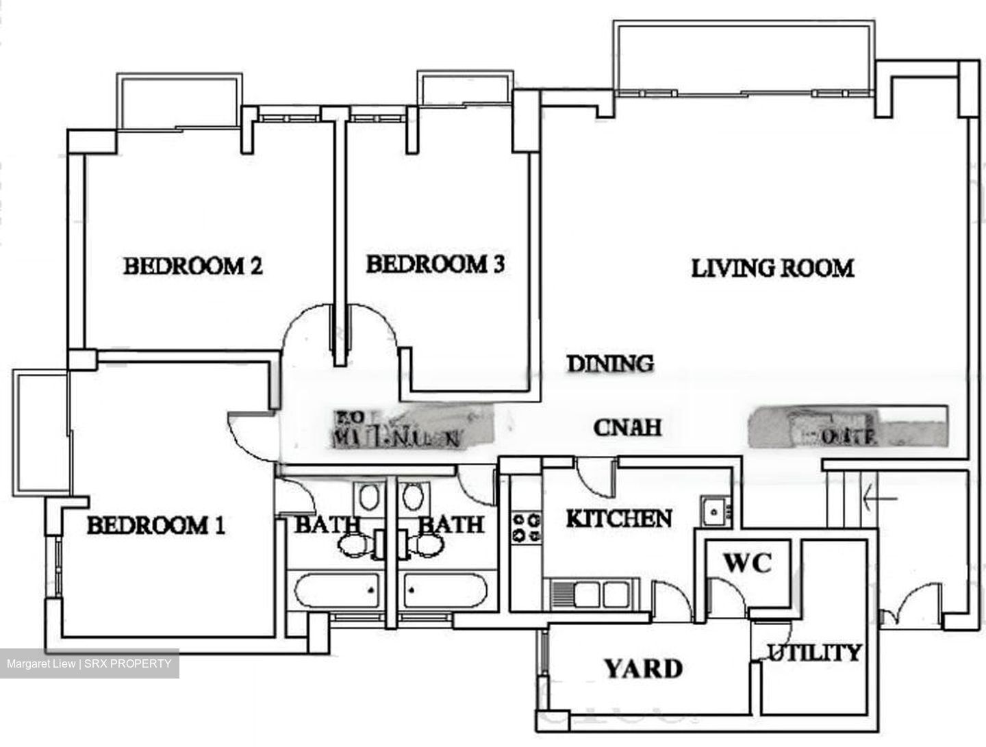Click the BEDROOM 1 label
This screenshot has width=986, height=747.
tap(156, 526)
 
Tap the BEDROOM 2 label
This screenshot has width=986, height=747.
tap(193, 266)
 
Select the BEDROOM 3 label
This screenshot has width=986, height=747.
tap(435, 264)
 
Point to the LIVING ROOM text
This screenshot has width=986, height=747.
tap(772, 268)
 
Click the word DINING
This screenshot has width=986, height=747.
tap(610, 364)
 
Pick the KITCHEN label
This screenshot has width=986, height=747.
tap(618, 519)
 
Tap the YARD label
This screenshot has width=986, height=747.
tap(643, 668)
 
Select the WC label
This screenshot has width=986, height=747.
tap(748, 563)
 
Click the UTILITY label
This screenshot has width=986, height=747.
tap(813, 653)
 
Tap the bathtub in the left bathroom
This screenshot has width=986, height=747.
tap(337, 590)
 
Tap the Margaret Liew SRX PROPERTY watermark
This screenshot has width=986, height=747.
tap(90, 663)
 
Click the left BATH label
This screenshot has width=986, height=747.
tap(327, 525)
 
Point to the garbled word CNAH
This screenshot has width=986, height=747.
tap(627, 427)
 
